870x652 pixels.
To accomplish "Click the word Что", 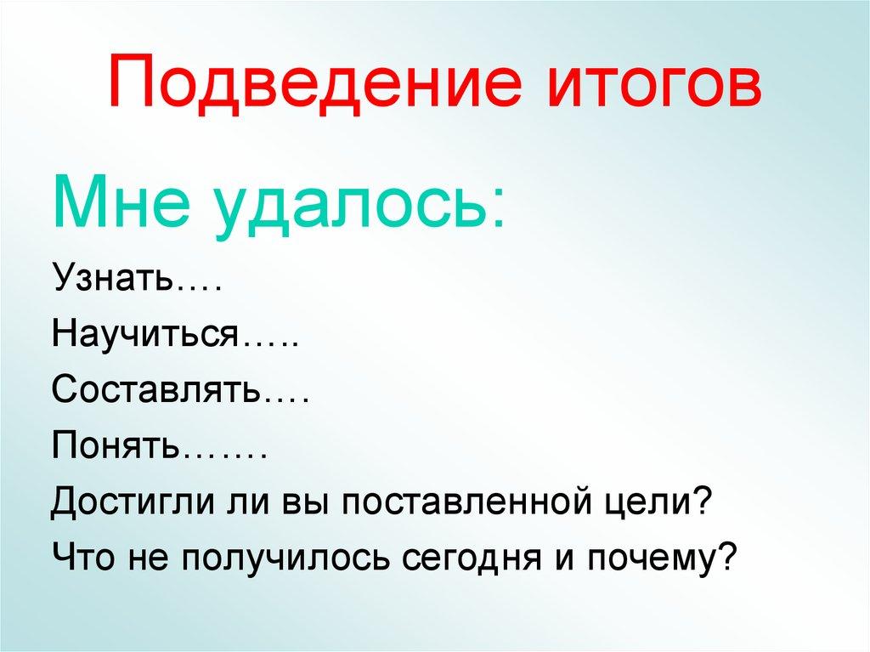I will coord(83,558).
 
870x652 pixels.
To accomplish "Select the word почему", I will coord(654,559).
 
